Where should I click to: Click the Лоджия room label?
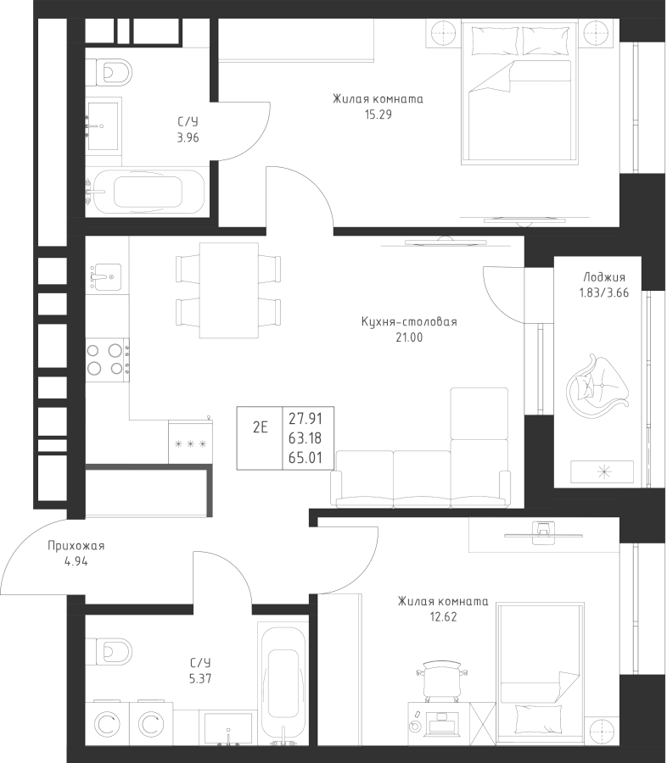[604, 277]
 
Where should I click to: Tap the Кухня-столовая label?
[408, 322]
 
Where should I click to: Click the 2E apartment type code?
[260, 426]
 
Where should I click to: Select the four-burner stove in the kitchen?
[106, 358]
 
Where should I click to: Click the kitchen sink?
[106, 274]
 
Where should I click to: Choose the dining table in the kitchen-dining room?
[228, 290]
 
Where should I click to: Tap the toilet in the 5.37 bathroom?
[109, 651]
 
